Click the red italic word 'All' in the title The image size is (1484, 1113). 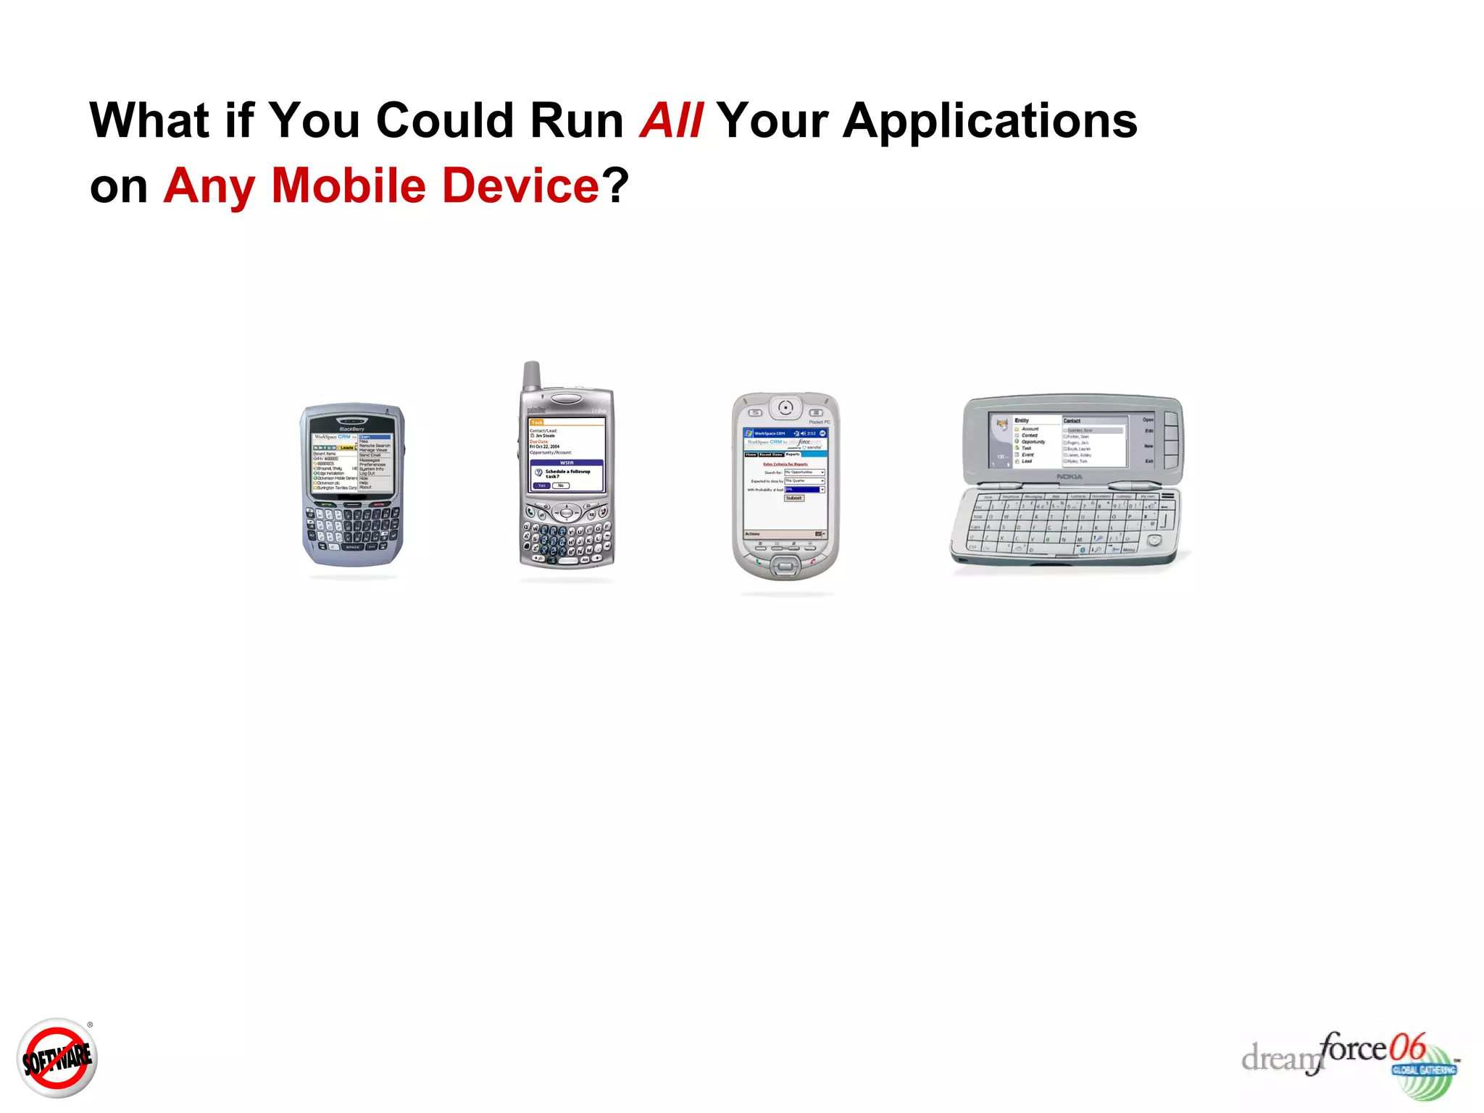tap(671, 120)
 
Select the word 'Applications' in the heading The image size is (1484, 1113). tap(990, 120)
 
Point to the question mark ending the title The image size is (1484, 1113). tap(615, 186)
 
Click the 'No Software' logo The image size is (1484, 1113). tap(57, 1059)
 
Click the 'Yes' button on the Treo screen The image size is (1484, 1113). tap(541, 485)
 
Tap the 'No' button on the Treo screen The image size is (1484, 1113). tap(561, 485)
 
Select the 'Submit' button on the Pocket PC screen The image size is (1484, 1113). tap(794, 499)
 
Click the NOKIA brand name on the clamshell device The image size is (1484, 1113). tap(1069, 477)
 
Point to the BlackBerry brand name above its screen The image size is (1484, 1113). tap(352, 429)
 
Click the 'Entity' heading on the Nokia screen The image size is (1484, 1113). tap(1022, 420)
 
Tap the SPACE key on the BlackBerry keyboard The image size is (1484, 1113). tap(352, 547)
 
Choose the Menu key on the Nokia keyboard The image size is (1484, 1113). tap(1128, 550)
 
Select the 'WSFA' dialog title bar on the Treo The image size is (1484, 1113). tap(567, 462)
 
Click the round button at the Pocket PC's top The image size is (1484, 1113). tap(785, 408)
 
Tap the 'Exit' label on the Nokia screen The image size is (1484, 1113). tap(1149, 461)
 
